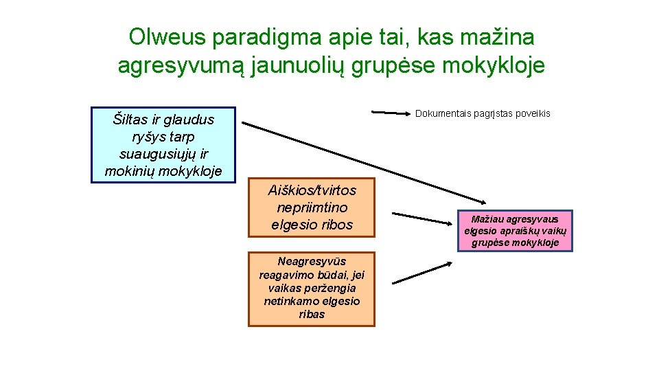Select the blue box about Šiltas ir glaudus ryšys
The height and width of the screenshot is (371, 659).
163,144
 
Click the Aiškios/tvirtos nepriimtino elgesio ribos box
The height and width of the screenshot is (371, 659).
312,207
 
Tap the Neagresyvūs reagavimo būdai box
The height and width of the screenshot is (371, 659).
312,288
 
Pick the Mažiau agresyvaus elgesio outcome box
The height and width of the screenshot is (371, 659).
515,231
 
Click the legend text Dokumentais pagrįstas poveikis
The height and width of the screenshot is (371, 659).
483,113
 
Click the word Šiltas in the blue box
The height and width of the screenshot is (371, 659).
128,120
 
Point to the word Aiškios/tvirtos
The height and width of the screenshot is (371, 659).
312,190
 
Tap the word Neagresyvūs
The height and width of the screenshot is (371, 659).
312,261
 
